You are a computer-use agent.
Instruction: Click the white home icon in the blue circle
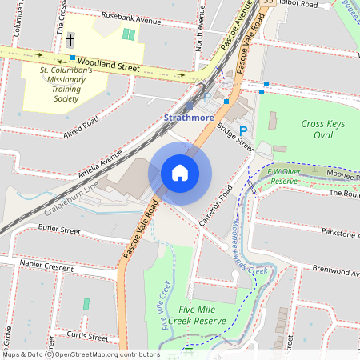[180, 173]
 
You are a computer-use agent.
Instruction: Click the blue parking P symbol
[244, 130]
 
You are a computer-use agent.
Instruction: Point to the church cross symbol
[70, 39]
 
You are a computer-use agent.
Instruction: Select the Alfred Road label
[81, 124]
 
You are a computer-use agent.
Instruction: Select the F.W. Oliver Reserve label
[282, 176]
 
